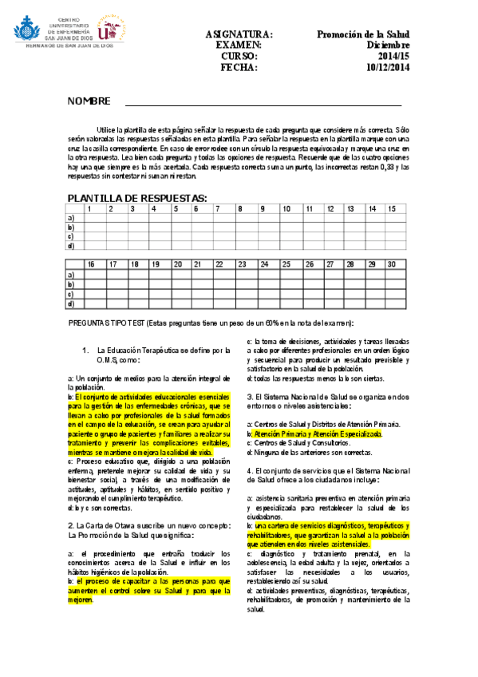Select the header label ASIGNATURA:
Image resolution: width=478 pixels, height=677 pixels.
[239, 34]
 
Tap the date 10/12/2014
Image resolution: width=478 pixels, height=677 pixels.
[388, 68]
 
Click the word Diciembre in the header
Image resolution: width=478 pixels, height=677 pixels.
[389, 46]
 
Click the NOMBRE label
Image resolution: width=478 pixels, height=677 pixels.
[87, 101]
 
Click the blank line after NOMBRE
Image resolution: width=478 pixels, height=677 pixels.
[255, 102]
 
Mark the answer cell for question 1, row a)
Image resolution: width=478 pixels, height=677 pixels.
[94, 218]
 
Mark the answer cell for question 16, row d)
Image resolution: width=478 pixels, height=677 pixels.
[94, 303]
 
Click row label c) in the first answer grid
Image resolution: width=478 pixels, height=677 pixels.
[73, 236]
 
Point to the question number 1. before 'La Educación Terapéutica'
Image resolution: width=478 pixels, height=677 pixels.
[85, 350]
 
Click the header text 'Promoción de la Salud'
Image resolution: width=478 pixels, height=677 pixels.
[362, 34]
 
